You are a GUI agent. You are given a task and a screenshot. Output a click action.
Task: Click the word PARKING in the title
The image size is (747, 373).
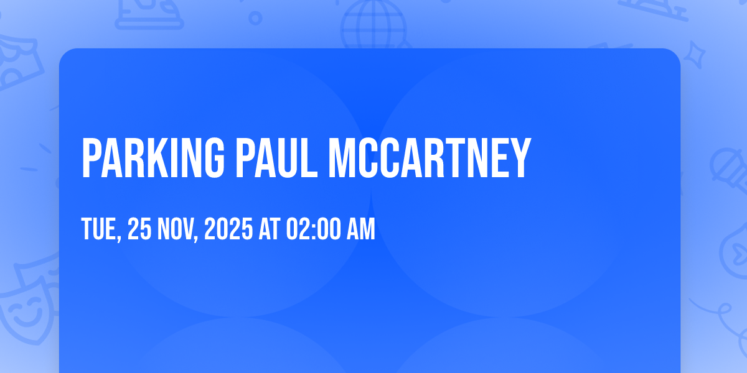(x=153, y=158)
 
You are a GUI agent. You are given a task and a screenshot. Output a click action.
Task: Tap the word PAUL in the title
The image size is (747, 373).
(x=277, y=158)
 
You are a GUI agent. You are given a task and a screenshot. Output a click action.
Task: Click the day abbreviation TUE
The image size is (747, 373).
(x=98, y=229)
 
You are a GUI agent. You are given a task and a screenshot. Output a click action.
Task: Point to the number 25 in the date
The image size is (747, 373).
(x=139, y=229)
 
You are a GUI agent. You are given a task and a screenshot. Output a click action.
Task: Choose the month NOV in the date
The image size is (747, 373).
(x=175, y=229)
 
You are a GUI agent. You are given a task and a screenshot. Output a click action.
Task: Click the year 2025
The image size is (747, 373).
(x=228, y=229)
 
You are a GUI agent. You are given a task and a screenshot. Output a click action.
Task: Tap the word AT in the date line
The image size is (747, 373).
(x=270, y=229)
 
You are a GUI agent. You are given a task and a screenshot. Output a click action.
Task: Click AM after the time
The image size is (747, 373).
(x=361, y=229)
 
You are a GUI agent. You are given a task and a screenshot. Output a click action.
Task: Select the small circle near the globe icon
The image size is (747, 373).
(x=255, y=18)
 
